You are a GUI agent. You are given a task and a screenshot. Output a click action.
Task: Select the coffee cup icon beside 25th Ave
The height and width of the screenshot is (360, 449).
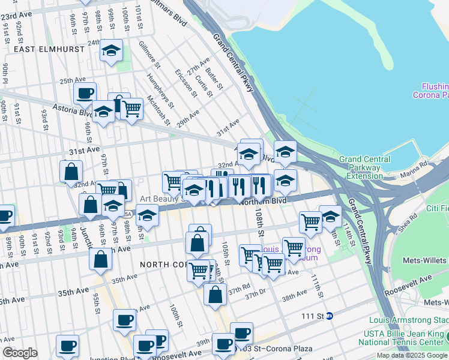(x=85, y=94)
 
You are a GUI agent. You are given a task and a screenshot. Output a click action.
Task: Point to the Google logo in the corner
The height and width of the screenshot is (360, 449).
(x=19, y=353)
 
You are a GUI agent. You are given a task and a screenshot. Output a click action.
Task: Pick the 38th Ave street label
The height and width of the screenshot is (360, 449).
(x=294, y=297)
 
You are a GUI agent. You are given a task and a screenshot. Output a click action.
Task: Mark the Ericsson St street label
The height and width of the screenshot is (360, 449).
(x=185, y=84)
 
